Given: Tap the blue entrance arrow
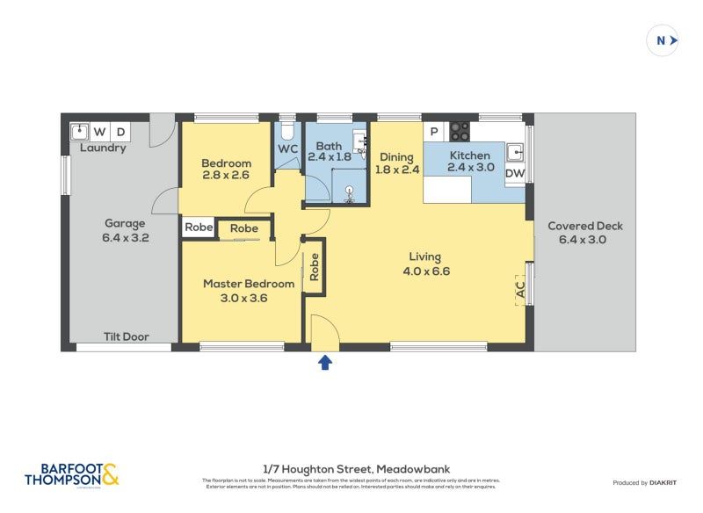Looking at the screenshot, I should (x=325, y=362).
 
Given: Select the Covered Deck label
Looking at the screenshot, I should (x=584, y=226).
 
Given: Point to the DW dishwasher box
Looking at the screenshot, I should (x=515, y=174).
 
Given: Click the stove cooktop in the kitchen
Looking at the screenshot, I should (x=460, y=132).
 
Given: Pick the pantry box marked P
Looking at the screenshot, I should (x=434, y=132).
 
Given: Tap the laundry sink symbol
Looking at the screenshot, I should (x=79, y=132).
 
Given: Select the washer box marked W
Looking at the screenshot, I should (x=100, y=132).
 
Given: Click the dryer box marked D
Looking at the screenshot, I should (x=120, y=132).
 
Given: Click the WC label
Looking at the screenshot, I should (x=287, y=148).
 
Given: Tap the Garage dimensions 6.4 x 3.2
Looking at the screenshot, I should (x=125, y=237).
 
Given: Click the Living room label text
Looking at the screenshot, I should (x=424, y=256).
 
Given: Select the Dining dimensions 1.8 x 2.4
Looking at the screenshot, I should (x=397, y=170).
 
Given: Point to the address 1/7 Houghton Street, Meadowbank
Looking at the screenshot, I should (x=356, y=469).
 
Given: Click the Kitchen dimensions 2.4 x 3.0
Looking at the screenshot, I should (x=471, y=167).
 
